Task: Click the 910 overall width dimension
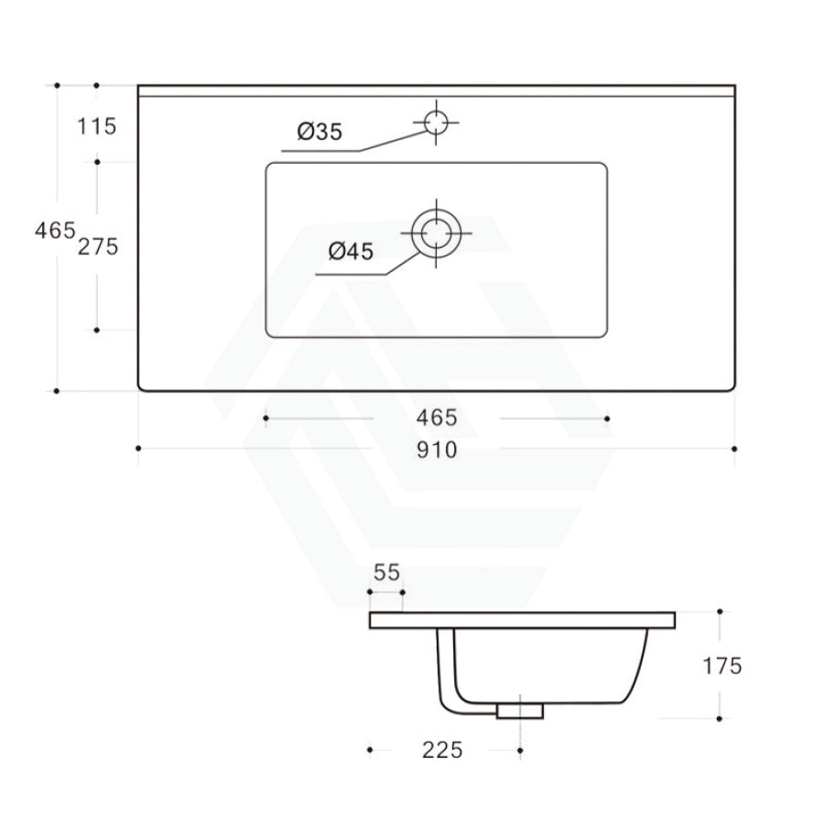click(x=437, y=450)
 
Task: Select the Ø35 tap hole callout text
click(x=320, y=132)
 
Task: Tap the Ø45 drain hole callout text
click(x=351, y=252)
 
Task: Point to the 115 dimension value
click(x=97, y=126)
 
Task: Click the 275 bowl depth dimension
click(x=98, y=246)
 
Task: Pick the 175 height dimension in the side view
click(x=722, y=666)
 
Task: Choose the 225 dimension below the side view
click(x=442, y=751)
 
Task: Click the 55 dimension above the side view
click(x=386, y=572)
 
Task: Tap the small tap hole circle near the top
click(x=437, y=122)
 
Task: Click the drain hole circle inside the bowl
click(x=437, y=233)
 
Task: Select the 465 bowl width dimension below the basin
click(x=436, y=418)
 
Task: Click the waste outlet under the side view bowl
click(x=519, y=710)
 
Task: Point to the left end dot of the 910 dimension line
click(x=138, y=449)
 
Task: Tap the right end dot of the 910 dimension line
click(x=734, y=449)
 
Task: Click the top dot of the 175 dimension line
click(x=721, y=611)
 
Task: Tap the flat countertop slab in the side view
click(x=522, y=620)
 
